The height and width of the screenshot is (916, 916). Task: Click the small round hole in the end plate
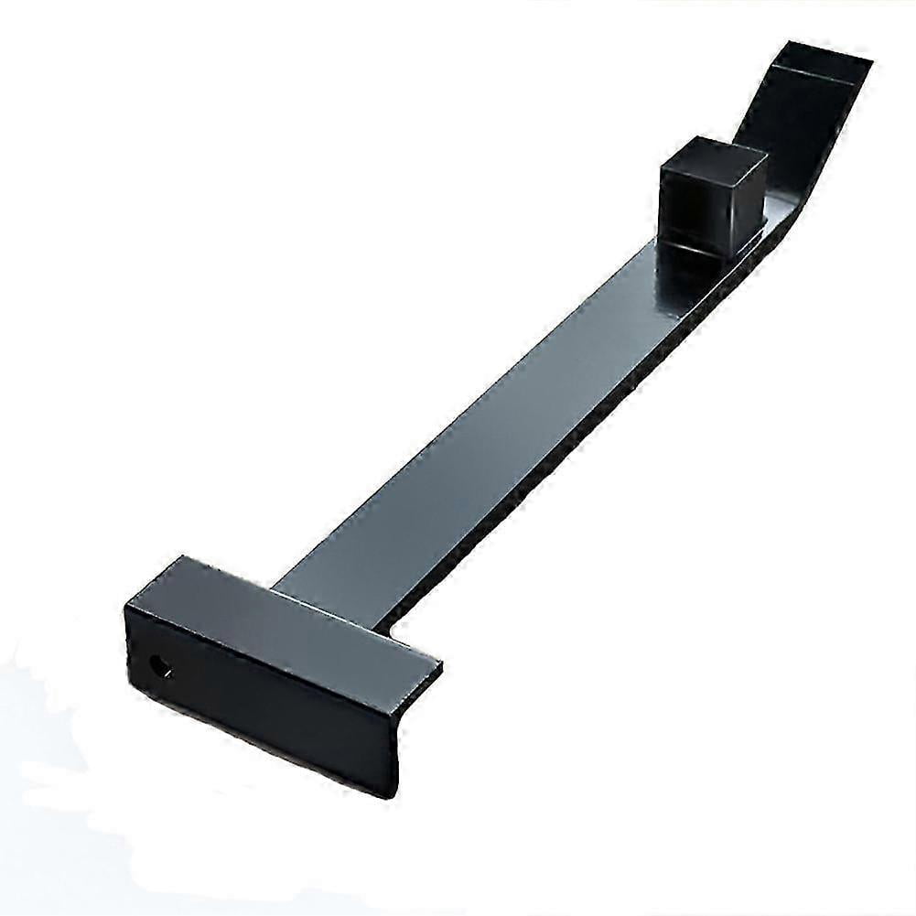coord(161,666)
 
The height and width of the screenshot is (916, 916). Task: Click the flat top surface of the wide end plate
coord(275,613)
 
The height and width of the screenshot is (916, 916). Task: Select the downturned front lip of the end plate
coord(265,705)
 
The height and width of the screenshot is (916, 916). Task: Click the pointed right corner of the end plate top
coord(441,665)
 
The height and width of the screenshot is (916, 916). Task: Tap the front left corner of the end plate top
coord(128,606)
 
